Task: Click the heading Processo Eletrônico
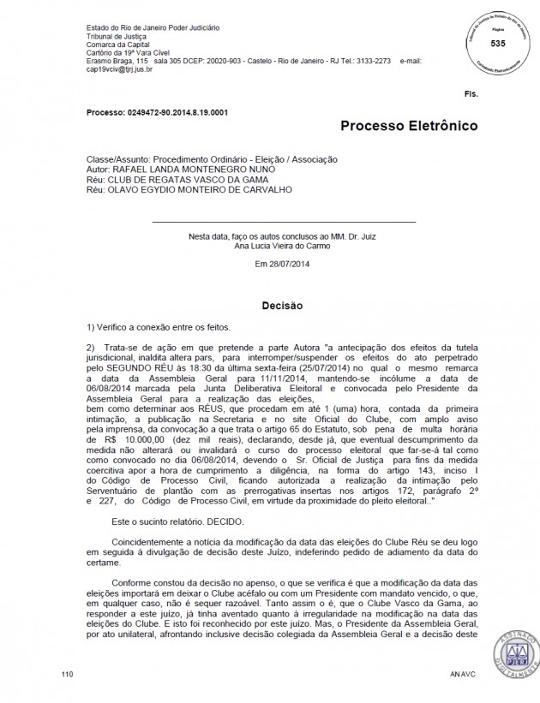409,127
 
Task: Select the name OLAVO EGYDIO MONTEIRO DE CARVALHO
196,188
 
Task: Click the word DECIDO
222,521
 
